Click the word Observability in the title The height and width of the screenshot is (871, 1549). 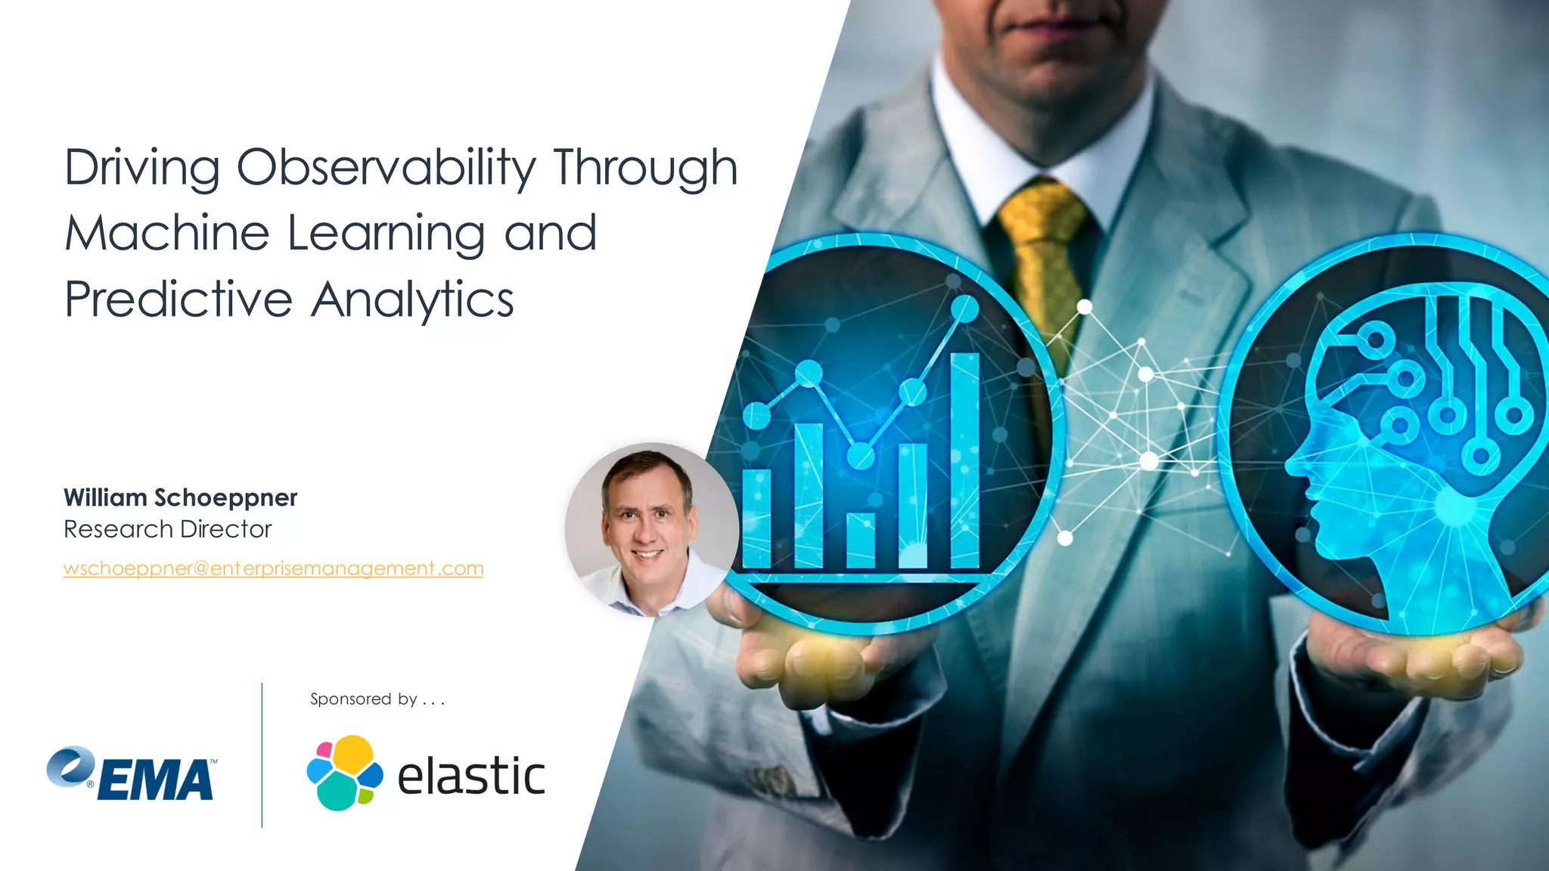click(386, 168)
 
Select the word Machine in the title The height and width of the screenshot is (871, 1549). click(166, 233)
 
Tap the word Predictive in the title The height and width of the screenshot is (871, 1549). click(178, 299)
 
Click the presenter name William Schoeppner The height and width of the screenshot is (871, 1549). click(180, 497)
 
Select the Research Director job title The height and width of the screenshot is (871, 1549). click(167, 529)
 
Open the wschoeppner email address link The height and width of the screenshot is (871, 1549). click(273, 569)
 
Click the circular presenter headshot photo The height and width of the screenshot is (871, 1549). click(650, 528)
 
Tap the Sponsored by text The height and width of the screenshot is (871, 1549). click(377, 699)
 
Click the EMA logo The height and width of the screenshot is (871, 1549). click(132, 774)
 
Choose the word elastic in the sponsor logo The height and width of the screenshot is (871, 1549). click(470, 777)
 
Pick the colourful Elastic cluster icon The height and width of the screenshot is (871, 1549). click(344, 773)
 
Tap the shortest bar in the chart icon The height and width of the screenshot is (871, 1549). click(861, 540)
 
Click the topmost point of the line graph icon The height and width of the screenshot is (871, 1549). click(964, 308)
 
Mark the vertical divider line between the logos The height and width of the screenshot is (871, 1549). click(262, 755)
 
